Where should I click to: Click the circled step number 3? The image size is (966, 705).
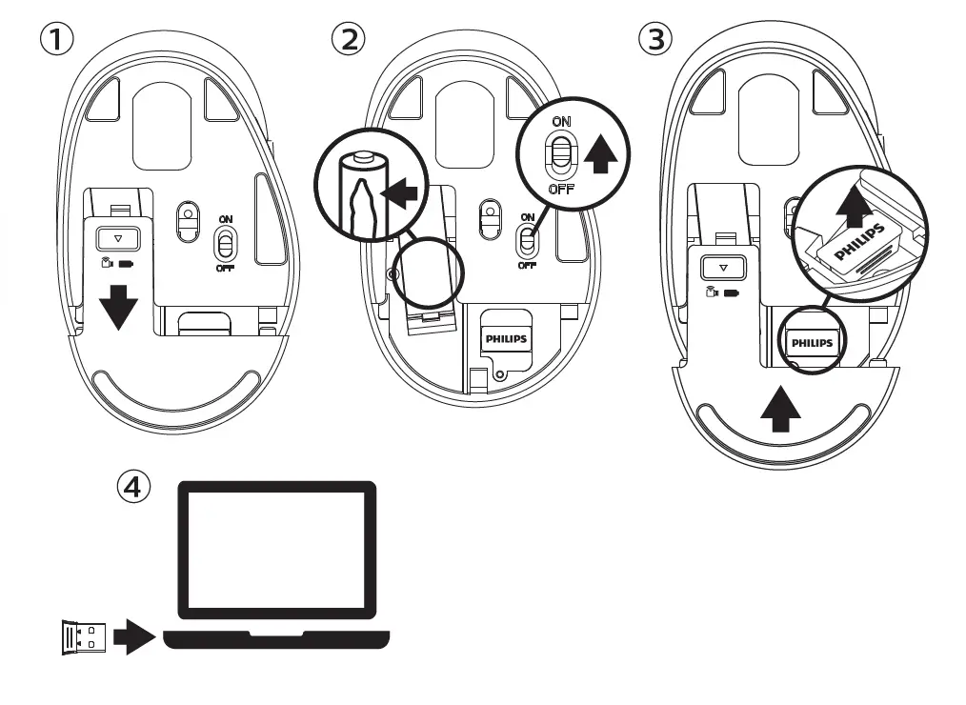654,39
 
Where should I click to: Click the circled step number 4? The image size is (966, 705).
133,487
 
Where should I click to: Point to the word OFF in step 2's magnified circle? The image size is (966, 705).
561,189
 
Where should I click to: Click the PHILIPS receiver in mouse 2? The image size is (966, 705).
506,338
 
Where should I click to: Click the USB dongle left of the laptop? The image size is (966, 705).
79,637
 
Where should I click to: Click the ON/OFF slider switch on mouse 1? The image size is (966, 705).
226,246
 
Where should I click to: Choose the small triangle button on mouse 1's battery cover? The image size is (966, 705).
119,240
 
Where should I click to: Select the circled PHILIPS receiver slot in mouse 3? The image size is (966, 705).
812,342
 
